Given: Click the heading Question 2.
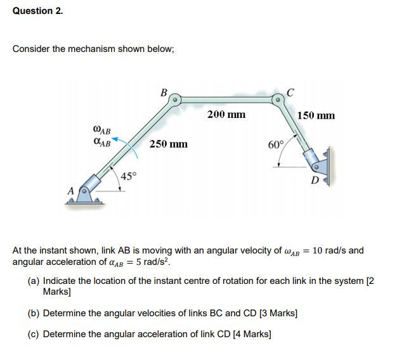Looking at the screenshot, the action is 38,11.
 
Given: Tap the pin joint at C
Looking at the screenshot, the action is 278,100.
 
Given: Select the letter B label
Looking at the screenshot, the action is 164,93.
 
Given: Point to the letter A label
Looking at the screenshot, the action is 71,189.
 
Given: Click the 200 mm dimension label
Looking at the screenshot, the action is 226,115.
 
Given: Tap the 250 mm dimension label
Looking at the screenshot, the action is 168,144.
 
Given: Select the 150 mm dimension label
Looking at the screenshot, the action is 316,115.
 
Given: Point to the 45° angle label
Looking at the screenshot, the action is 129,176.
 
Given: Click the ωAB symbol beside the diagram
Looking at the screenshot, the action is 101,131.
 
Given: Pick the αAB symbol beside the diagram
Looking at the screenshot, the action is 101,143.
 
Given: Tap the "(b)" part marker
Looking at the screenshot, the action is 34,313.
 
